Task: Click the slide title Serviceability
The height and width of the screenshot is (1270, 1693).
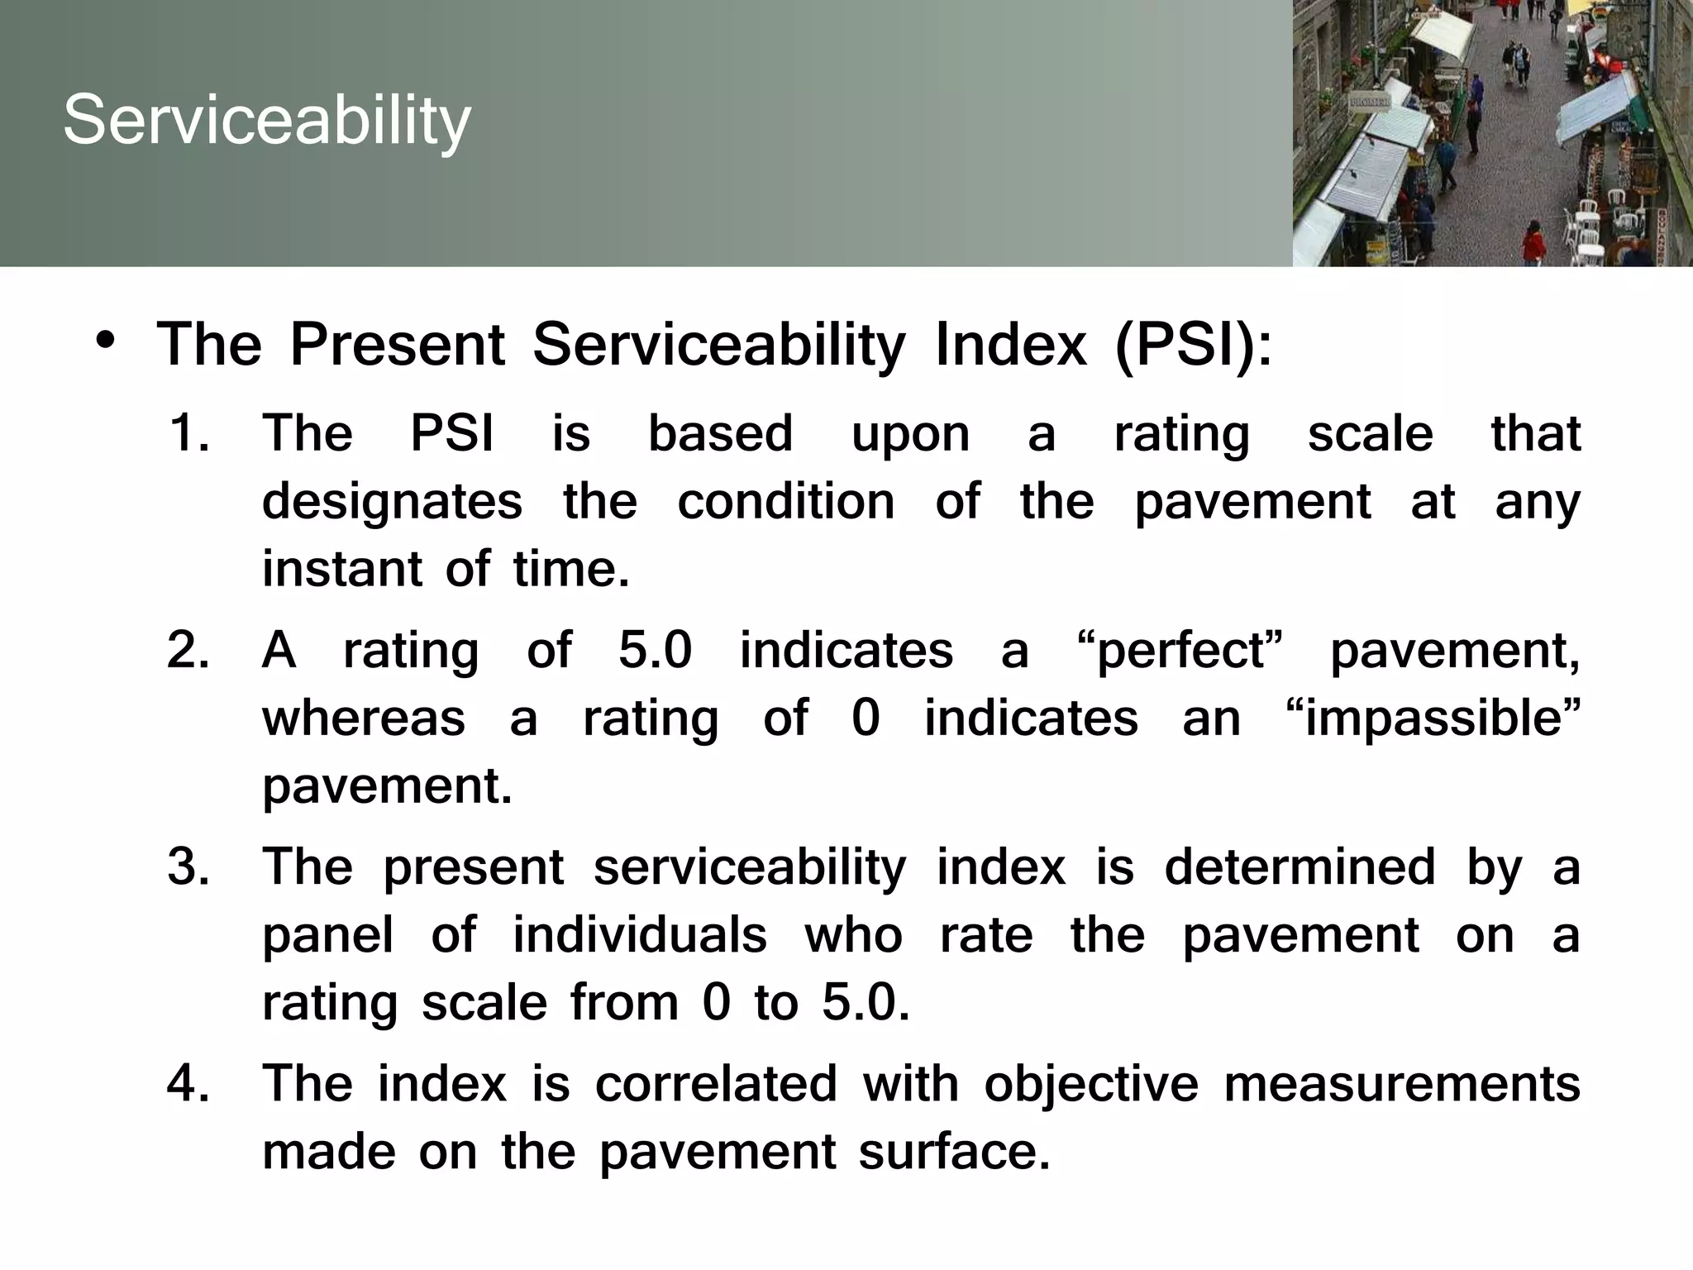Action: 266,121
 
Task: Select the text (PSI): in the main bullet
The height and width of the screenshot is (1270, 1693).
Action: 1194,345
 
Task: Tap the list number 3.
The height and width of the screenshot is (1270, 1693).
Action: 188,867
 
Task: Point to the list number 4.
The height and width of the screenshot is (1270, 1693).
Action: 188,1084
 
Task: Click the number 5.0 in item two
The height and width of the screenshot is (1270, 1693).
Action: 655,650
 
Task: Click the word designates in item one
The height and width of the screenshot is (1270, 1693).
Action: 392,503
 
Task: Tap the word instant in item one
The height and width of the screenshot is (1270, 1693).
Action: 341,569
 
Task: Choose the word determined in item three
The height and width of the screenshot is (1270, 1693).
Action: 1300,867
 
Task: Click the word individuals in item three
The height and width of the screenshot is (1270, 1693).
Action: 639,935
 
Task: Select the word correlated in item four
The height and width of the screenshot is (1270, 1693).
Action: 716,1084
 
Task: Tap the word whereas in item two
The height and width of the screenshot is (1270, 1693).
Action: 364,718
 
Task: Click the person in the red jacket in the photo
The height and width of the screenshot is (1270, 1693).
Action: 1533,241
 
